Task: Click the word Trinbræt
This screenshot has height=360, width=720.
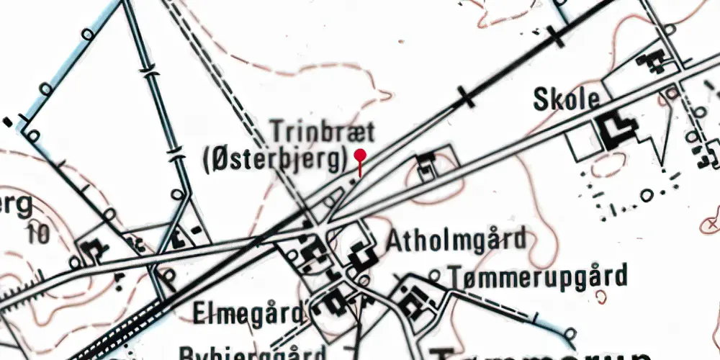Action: tap(323, 132)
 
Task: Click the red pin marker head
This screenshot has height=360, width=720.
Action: tap(360, 155)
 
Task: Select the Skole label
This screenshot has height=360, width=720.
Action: tap(567, 99)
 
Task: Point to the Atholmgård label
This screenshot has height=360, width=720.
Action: tap(456, 240)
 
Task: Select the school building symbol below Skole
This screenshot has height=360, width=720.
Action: tap(616, 132)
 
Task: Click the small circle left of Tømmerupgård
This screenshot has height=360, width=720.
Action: tap(433, 275)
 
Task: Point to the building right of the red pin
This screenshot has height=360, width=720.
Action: tap(426, 164)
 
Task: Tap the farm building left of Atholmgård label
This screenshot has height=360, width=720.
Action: tap(360, 256)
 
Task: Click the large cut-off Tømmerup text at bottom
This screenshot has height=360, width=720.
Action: tap(540, 353)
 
